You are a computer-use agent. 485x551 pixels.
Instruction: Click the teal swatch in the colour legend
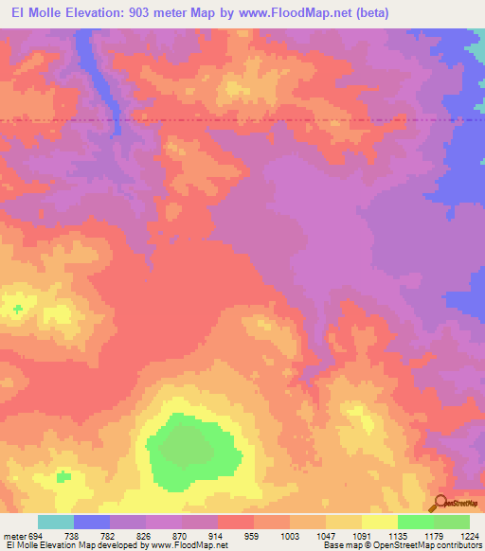point(56,522)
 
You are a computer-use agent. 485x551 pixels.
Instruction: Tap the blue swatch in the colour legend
point(92,522)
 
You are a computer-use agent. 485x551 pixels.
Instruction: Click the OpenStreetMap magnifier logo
point(439,503)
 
